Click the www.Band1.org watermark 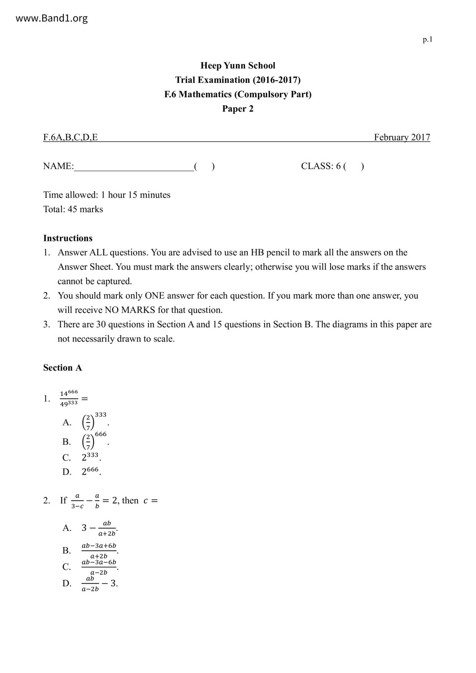51,18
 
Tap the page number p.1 427,39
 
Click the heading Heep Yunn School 238,66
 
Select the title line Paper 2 238,109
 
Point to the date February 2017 402,137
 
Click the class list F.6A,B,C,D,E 71,137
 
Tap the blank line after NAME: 134,167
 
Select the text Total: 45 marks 73,209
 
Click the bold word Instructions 68,238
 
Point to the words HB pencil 275,252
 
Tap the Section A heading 63,368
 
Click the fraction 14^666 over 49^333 69,398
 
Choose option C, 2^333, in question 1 91,457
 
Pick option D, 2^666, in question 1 91,471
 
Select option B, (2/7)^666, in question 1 94,441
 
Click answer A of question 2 99,528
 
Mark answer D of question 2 99,583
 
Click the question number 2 46,500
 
